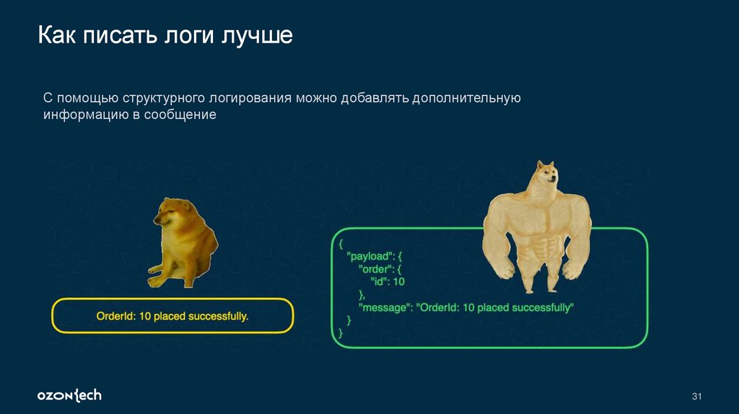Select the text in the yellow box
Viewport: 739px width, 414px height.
click(172, 317)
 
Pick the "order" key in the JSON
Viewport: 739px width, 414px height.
click(377, 269)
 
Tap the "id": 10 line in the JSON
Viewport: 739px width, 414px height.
click(388, 281)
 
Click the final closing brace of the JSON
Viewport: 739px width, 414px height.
click(341, 333)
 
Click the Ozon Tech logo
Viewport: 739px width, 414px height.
click(69, 395)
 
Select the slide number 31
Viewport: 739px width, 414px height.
click(696, 397)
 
